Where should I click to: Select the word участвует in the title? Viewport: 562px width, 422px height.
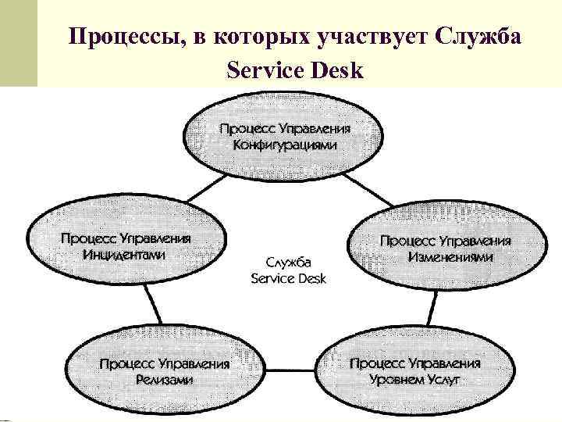[x=366, y=37]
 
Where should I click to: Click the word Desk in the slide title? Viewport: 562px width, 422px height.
[x=338, y=71]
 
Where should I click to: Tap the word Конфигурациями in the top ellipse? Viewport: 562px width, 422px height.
[x=285, y=145]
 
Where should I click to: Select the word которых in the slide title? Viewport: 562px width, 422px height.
[x=258, y=37]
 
